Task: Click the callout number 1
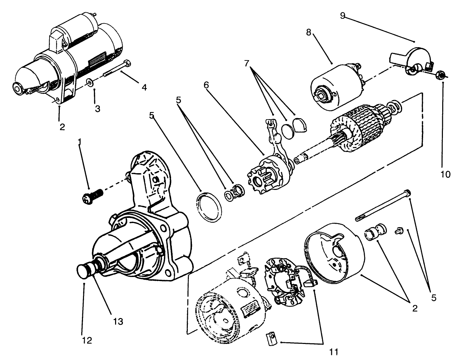(80, 141)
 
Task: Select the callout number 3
(97, 109)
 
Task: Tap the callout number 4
(144, 87)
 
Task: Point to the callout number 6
(206, 85)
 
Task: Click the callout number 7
(246, 63)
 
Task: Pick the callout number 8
(308, 32)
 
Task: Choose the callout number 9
(343, 16)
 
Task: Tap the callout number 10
(446, 175)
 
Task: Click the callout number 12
(87, 340)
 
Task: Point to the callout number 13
(118, 322)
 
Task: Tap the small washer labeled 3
(89, 82)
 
